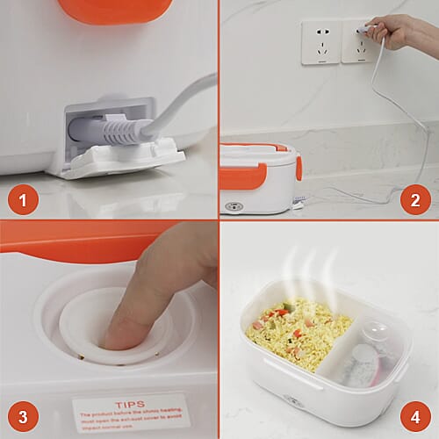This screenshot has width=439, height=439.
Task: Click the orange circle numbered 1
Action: [x=24, y=200]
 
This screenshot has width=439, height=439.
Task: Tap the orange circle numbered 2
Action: [x=415, y=200]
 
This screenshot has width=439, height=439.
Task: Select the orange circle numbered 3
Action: [x=24, y=415]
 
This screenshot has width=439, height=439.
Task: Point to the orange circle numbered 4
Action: [x=415, y=415]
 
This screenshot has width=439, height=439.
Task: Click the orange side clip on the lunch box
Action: [x=299, y=168]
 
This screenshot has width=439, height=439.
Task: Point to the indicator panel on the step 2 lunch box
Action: [x=234, y=206]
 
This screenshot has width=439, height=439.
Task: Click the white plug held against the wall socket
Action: [x=363, y=34]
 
